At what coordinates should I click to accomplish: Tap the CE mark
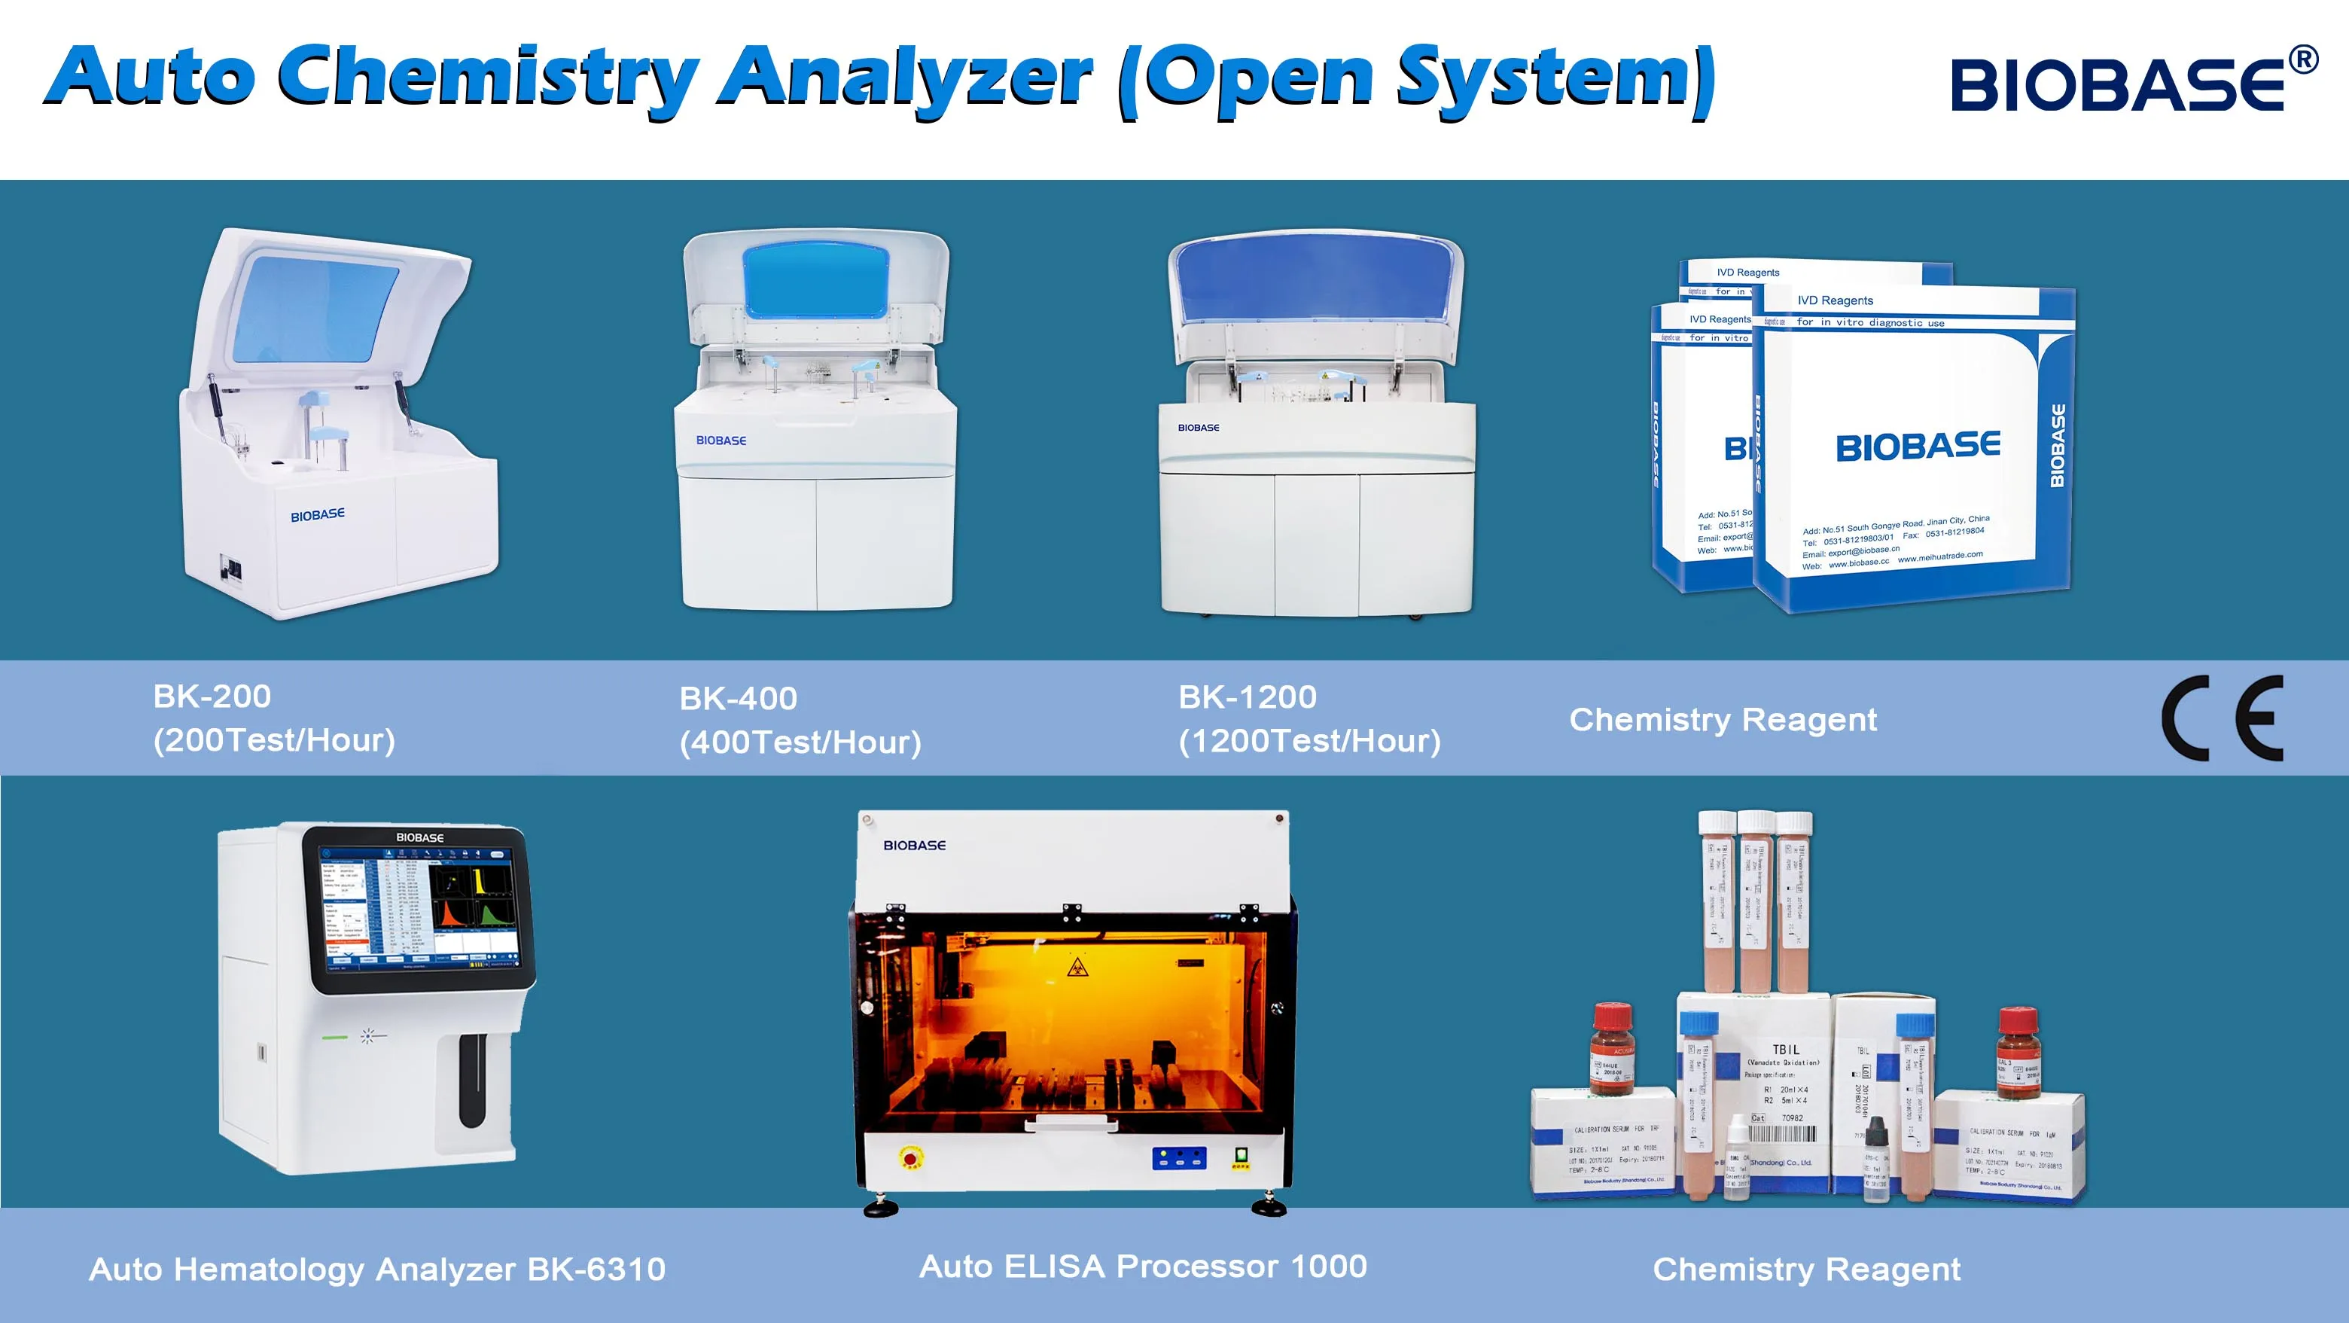point(2223,718)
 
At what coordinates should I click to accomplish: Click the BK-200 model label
point(212,697)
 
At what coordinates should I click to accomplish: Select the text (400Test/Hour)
point(800,742)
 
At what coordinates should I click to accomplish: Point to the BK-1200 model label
point(1247,697)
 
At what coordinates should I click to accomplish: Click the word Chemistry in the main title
point(488,78)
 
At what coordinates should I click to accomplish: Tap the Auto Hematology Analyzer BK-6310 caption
point(376,1270)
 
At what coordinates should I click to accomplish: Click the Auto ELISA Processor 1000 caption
point(1143,1266)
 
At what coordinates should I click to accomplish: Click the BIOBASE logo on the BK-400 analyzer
point(721,440)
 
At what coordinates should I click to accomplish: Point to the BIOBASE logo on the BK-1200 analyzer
point(1198,428)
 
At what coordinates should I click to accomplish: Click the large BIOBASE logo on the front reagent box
point(1918,447)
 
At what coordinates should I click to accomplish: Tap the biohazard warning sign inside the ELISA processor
point(1076,965)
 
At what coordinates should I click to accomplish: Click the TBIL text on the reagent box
point(1785,1050)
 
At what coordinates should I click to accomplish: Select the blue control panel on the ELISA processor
point(1179,1158)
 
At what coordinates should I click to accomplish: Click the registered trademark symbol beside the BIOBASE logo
point(2302,60)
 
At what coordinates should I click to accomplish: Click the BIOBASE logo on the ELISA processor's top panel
point(914,845)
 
